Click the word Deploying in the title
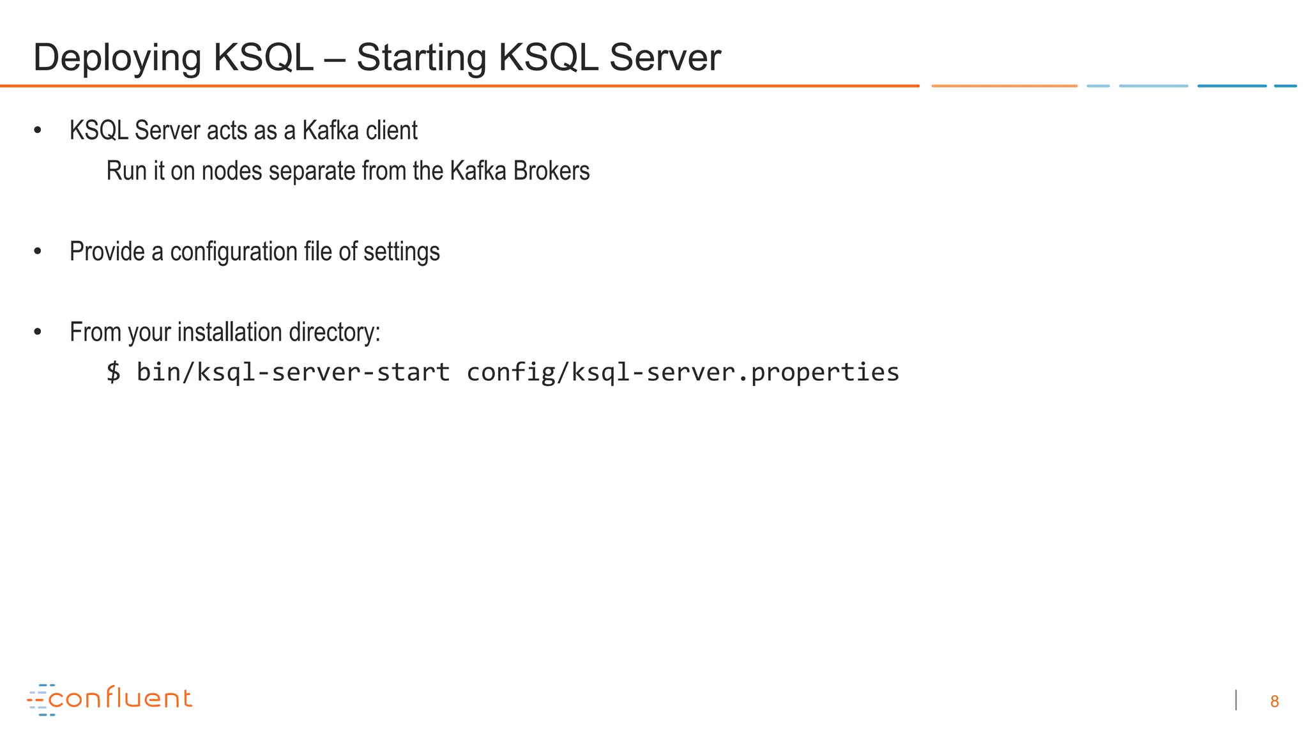coord(117,58)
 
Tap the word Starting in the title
coord(421,58)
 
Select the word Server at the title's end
coord(665,58)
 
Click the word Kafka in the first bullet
coord(330,131)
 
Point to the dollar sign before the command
coord(113,372)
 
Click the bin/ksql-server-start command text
coord(293,372)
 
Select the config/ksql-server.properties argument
coord(683,372)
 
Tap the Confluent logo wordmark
coord(120,698)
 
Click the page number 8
coord(1274,701)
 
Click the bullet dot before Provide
coord(38,252)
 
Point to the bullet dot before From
coord(38,332)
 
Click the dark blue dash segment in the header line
coord(1231,86)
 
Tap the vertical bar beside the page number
coord(1236,700)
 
